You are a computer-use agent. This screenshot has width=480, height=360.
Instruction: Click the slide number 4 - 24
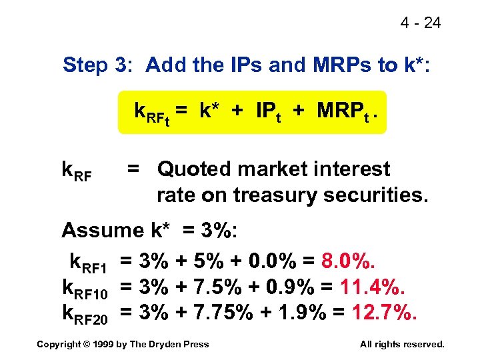pos(420,23)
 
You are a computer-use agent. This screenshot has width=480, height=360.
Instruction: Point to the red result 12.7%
pos(384,313)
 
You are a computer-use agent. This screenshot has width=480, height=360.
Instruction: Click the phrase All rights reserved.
pos(401,344)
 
